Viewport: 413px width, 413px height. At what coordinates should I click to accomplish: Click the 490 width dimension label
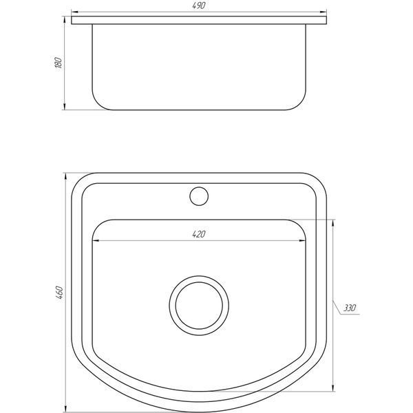click(x=199, y=6)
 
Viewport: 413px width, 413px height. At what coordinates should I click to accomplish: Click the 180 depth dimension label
click(x=59, y=63)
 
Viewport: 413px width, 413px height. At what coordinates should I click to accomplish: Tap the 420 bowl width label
click(x=199, y=234)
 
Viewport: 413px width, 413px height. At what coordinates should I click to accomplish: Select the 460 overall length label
click(x=59, y=293)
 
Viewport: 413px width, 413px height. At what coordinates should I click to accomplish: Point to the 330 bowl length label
click(x=350, y=308)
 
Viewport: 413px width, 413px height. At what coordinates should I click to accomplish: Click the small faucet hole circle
click(x=199, y=196)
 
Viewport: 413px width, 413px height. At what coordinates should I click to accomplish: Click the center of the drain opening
click(x=199, y=306)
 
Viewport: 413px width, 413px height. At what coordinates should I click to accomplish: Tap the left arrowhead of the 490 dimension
click(x=75, y=12)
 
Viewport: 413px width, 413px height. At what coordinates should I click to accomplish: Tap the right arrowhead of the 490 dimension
click(x=324, y=12)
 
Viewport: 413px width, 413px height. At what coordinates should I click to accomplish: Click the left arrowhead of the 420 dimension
click(x=96, y=240)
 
